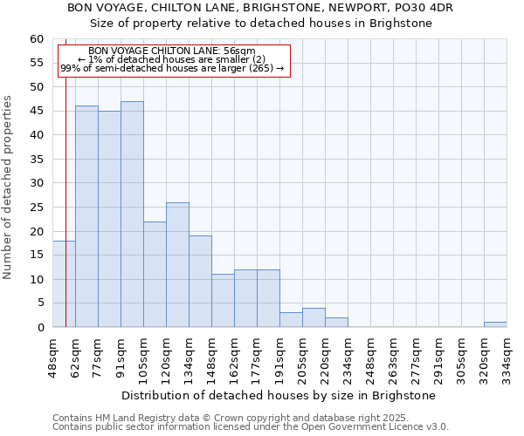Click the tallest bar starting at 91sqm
[x=132, y=215]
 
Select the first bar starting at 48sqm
[x=64, y=284]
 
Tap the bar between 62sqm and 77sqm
[x=86, y=216]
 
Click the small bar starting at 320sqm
[x=495, y=324]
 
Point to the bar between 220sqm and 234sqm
[x=336, y=323]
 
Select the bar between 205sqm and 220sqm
[x=314, y=318]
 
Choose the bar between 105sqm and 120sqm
[x=155, y=275]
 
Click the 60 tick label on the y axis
[x=37, y=39]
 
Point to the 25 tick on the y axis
[x=37, y=208]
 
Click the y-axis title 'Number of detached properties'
[x=9, y=187]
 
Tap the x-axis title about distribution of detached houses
[x=279, y=395]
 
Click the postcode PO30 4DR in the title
[x=424, y=7]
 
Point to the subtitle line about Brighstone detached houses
[x=262, y=23]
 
